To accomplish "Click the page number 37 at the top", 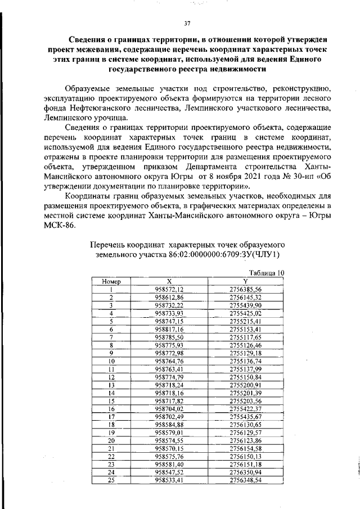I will [188, 23].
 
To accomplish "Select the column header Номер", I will [111, 281].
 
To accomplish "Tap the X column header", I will [169, 281].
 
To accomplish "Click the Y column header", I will [245, 281].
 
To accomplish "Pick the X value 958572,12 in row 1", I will [169, 289].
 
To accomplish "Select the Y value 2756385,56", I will [245, 289].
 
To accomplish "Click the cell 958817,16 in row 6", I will [169, 328].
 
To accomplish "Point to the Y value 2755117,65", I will [245, 336].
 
